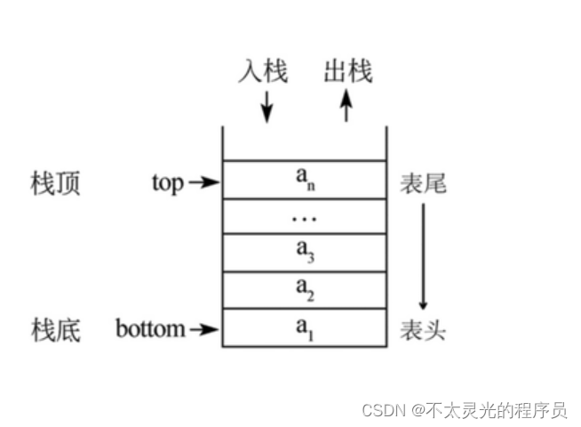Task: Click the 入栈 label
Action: (x=263, y=71)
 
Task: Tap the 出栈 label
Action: (x=347, y=71)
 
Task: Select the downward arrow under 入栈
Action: (x=265, y=108)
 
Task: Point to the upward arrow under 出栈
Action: (x=346, y=108)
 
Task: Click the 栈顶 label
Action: (x=54, y=184)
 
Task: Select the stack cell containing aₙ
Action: (x=304, y=179)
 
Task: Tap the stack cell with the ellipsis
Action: (x=304, y=216)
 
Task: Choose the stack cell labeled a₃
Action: (x=304, y=253)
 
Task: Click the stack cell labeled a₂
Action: (x=304, y=290)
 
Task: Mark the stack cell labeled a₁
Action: (x=304, y=327)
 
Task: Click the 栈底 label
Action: (x=54, y=331)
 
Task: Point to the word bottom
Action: (x=150, y=330)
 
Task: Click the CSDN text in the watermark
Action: (x=382, y=410)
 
